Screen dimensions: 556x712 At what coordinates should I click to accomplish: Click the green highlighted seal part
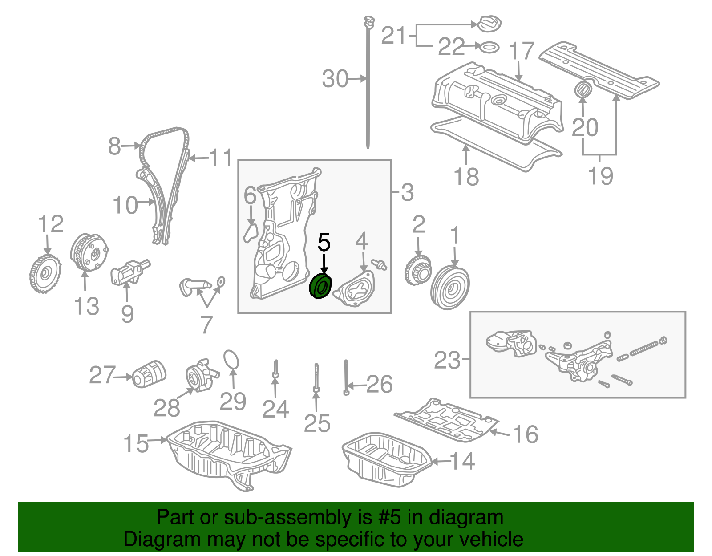coord(320,287)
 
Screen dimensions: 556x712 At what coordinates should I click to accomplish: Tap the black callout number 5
coord(324,243)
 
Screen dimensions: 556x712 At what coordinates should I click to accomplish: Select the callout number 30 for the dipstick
coord(335,79)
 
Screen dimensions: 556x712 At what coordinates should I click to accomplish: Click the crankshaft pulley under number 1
coord(450,287)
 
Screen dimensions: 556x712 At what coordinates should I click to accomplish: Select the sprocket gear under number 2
coord(417,271)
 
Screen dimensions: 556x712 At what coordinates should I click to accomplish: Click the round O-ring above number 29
coord(231,360)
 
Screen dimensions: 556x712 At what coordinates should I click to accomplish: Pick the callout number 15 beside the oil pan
coord(135,444)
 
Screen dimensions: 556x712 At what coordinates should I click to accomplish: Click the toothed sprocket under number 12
coord(44,274)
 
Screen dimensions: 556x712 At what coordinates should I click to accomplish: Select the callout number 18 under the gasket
coord(466,176)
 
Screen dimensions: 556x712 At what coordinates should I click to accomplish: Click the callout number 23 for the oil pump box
coord(447,360)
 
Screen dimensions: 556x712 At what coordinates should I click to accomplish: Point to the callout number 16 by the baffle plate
coord(525,434)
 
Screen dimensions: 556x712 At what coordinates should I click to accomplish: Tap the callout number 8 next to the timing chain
coord(114,146)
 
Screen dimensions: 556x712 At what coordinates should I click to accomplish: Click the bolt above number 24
coord(275,371)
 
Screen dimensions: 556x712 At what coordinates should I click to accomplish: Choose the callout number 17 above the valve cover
coord(521,51)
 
